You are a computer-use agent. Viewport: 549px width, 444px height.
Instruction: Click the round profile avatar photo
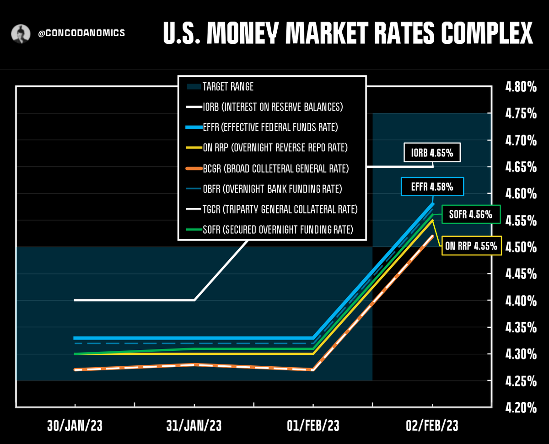pos(21,34)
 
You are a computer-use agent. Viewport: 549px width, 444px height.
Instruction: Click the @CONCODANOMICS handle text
pos(81,33)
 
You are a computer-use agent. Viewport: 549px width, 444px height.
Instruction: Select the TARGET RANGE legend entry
pos(220,86)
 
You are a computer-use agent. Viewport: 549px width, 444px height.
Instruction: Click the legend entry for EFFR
pos(262,127)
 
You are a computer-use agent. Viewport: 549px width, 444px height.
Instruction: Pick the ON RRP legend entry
pos(267,148)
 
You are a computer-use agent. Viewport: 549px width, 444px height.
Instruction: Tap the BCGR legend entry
pos(267,168)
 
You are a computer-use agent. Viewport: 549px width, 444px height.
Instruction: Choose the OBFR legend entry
pos(264,189)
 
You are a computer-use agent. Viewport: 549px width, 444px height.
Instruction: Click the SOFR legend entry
pos(269,230)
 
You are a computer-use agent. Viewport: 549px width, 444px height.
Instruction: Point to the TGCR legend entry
pos(272,209)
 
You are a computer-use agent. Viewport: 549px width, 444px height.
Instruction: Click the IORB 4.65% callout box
pos(432,153)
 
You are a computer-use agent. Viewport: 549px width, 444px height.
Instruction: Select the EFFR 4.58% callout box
pos(432,187)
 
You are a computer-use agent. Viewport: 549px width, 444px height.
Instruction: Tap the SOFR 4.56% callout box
pos(471,214)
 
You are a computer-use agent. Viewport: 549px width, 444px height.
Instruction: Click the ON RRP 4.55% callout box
pos(471,246)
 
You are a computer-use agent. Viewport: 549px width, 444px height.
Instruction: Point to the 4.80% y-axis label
pos(521,87)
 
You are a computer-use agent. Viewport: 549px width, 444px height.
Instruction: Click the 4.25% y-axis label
pos(521,381)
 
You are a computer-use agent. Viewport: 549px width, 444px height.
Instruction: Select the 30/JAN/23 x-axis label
pos(75,426)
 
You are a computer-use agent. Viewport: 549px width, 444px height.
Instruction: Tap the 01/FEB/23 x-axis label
pos(313,426)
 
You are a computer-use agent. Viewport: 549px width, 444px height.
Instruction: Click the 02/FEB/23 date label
pos(432,426)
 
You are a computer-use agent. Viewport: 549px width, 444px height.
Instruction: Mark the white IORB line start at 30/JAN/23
pos(75,300)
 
